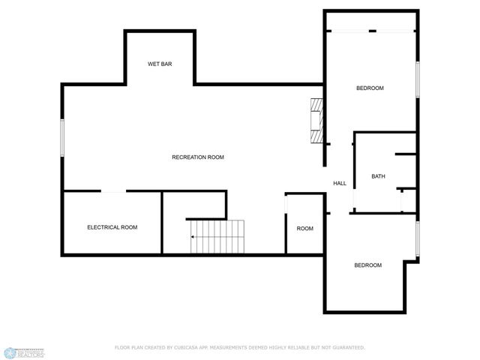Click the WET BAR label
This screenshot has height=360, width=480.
(160, 64)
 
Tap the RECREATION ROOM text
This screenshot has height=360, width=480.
(198, 157)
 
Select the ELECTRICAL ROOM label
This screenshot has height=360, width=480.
(112, 227)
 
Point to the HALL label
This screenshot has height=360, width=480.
(340, 184)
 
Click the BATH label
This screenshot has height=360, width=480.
(378, 177)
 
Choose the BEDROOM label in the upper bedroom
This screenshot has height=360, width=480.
(369, 88)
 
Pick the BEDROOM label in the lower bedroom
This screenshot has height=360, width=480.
(367, 265)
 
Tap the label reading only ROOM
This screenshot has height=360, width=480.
(304, 229)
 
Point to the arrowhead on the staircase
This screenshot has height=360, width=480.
(193, 237)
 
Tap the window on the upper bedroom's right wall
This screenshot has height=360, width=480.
(418, 78)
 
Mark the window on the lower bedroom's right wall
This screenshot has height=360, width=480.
(418, 239)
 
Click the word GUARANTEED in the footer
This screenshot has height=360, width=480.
(348, 347)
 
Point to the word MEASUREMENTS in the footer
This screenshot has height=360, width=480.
(223, 347)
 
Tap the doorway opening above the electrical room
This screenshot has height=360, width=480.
(113, 192)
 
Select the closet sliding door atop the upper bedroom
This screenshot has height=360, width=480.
(370, 31)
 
